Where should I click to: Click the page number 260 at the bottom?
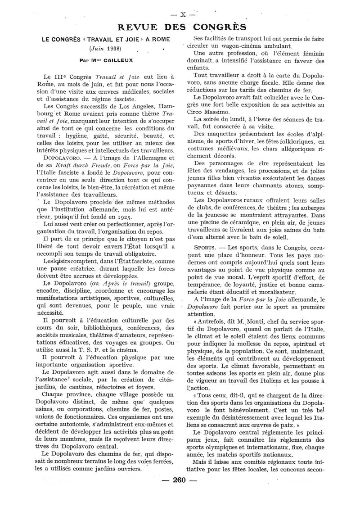click(179, 492)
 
